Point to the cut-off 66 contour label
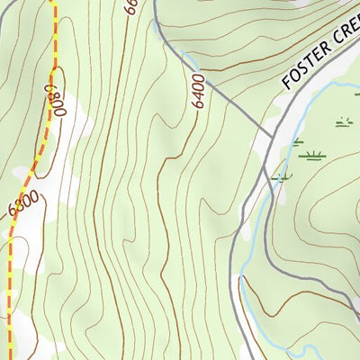130,7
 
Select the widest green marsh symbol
313,156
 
